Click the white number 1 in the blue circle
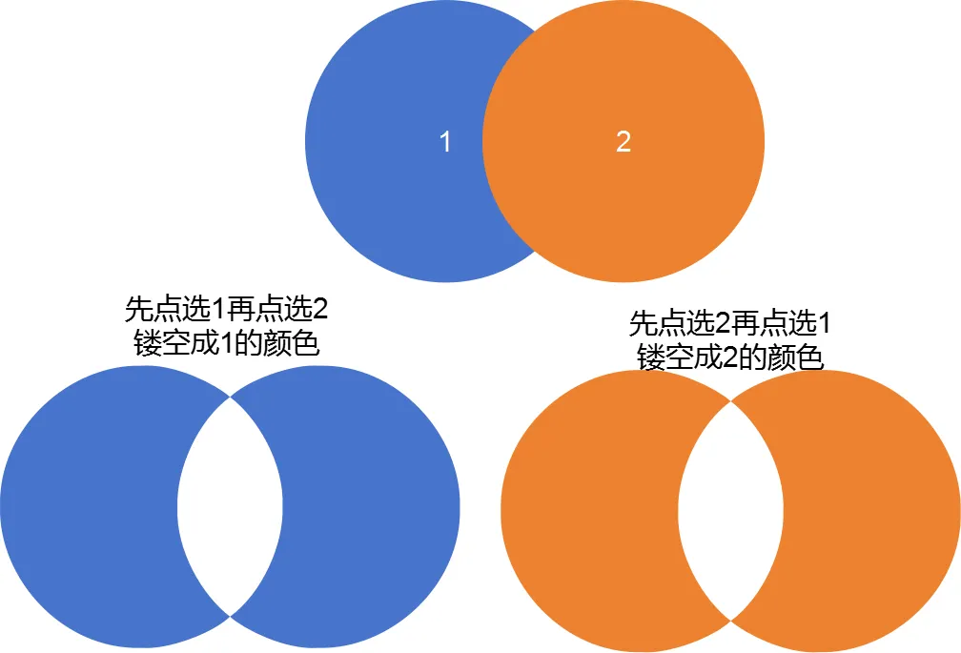[x=444, y=142]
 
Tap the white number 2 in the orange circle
[x=624, y=142]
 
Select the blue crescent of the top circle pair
[x=381, y=143]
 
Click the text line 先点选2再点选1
[x=729, y=323]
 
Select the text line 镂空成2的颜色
[x=729, y=357]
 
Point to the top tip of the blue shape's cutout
[x=230, y=396]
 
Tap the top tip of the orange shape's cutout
[x=730, y=400]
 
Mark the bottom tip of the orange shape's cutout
[x=730, y=621]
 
